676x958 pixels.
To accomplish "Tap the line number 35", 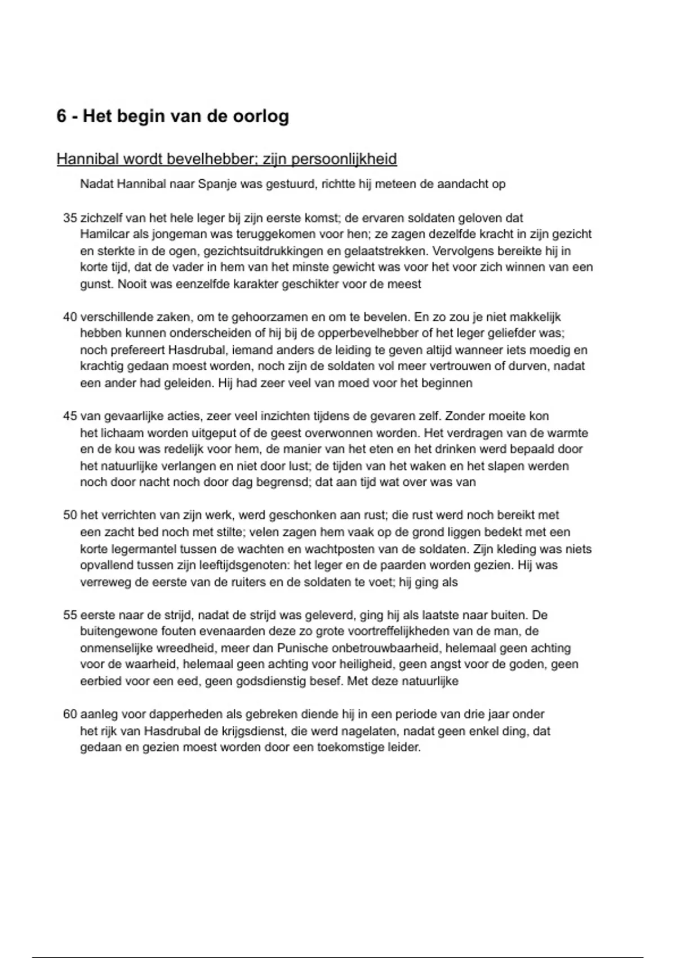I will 70,218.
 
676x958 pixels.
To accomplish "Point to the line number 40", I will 70,317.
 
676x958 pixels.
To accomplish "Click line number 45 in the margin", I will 70,416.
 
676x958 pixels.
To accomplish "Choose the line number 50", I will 70,515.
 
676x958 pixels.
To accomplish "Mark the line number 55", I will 70,615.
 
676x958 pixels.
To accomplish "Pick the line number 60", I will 70,714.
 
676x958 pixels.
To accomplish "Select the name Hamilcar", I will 103,234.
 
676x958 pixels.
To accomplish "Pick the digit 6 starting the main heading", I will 61,117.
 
